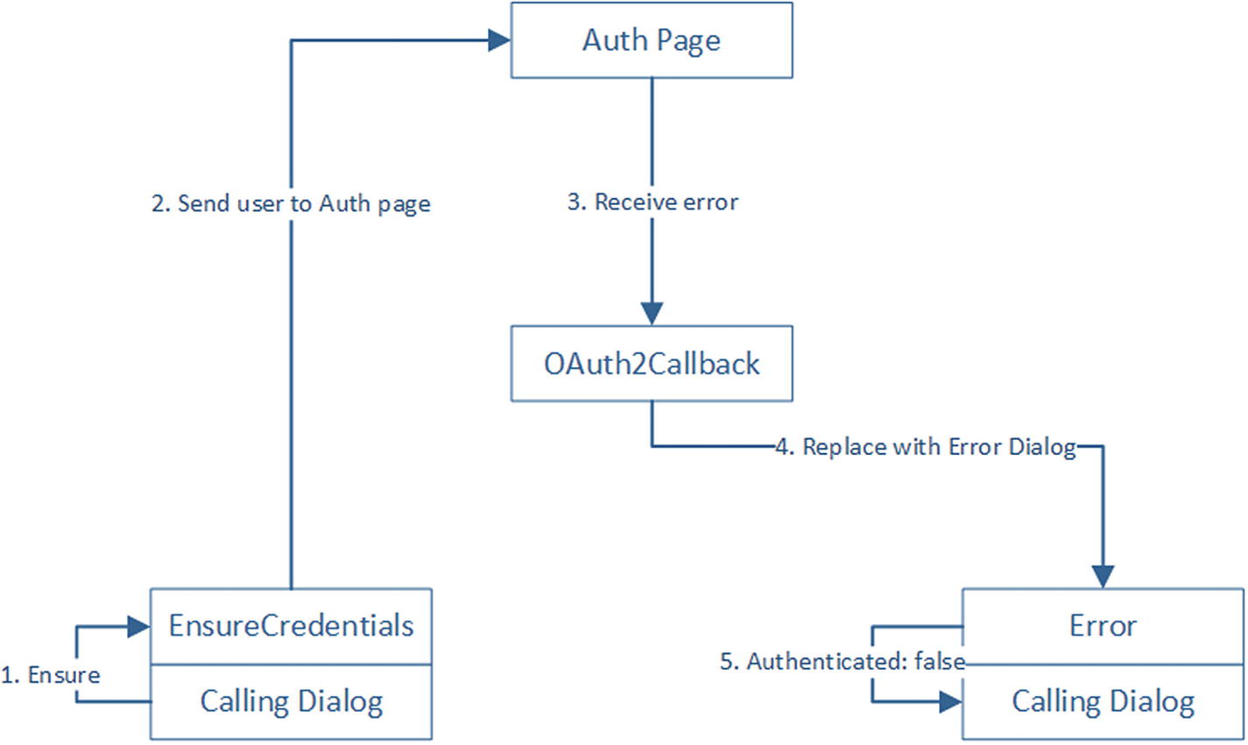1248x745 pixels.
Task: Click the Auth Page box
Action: pos(652,40)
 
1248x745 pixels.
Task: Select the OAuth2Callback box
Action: pos(652,364)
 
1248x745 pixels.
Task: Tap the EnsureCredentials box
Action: pos(291,626)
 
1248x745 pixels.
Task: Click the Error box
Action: pos(1103,626)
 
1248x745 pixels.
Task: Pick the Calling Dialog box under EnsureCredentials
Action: pos(291,701)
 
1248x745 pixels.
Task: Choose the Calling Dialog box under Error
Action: pos(1103,701)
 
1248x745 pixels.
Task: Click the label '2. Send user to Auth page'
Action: pos(291,203)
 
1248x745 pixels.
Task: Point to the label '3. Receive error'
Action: pos(652,202)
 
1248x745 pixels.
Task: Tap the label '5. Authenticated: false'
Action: pos(843,662)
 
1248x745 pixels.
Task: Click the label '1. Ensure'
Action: pos(51,675)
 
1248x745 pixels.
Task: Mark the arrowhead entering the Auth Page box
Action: pos(499,39)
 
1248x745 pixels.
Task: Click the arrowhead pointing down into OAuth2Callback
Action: pos(652,313)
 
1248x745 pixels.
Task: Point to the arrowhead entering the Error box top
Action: pos(1103,576)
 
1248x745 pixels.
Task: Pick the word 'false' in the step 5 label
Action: pos(940,662)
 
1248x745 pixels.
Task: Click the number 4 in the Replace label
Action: pos(785,447)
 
